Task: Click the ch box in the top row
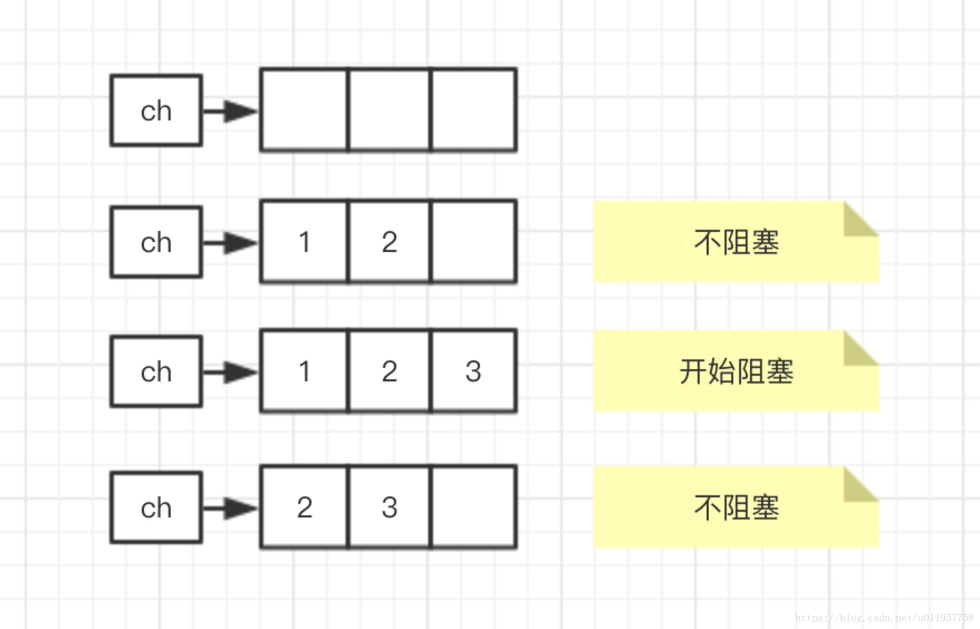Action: (x=156, y=110)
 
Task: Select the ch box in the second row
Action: (x=156, y=242)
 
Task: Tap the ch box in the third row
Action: (x=156, y=371)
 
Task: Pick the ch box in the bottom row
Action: (x=156, y=507)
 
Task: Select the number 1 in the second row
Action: (x=304, y=242)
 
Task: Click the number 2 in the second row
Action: (x=390, y=242)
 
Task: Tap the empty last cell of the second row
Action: (x=473, y=242)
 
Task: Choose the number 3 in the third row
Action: (x=473, y=371)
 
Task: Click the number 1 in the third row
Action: (x=304, y=371)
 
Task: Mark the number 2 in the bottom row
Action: (x=304, y=507)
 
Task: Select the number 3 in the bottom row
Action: (x=390, y=507)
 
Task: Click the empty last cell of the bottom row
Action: (x=473, y=507)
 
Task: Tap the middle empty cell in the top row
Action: (x=390, y=110)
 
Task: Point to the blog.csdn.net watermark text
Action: (x=884, y=618)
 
